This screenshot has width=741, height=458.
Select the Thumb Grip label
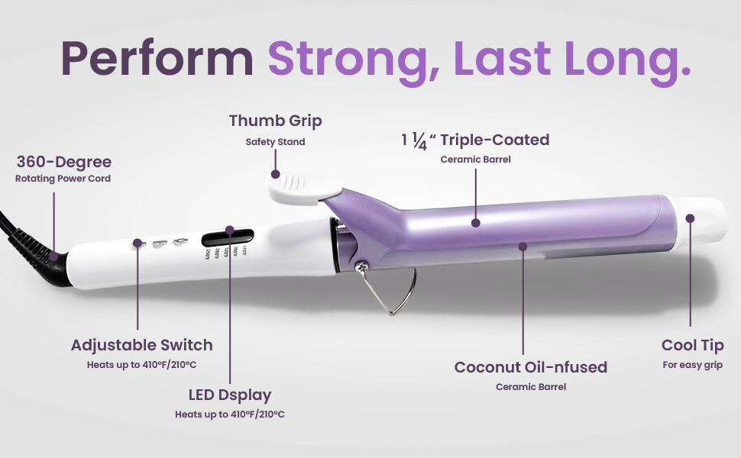(275, 121)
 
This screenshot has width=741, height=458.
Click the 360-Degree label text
(64, 162)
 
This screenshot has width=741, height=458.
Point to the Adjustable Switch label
(141, 345)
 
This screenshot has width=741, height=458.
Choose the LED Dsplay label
(229, 395)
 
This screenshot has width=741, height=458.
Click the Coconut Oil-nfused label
(530, 367)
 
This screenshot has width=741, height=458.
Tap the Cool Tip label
(692, 345)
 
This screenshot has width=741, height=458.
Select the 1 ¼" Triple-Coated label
(475, 140)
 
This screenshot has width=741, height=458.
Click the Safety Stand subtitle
(275, 142)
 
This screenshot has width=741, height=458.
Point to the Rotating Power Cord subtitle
(63, 179)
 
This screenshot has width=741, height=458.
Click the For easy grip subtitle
(692, 365)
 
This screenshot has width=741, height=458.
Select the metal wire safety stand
(401, 294)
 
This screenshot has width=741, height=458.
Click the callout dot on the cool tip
(690, 218)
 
